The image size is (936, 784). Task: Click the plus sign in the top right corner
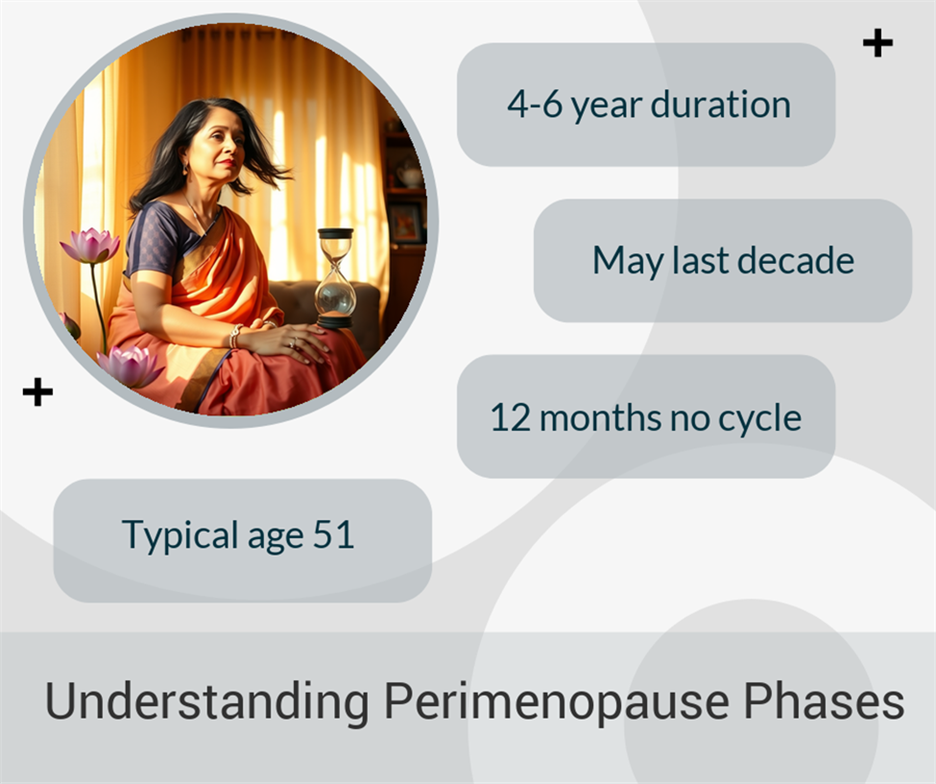point(878,43)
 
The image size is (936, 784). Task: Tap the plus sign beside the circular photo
point(38,392)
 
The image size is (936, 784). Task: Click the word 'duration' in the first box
point(721,104)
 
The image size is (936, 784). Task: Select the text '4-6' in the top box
point(535,104)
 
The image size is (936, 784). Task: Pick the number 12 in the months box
point(510,417)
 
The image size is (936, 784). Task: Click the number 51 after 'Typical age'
point(334,534)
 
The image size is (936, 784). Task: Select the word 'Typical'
point(180,536)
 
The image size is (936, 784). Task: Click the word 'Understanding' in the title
point(207,701)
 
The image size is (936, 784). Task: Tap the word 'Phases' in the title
point(824,700)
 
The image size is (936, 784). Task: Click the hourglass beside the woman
point(335,278)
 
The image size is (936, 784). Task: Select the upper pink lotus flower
point(90,245)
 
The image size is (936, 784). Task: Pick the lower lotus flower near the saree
point(130,365)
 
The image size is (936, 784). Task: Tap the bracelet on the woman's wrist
point(235,337)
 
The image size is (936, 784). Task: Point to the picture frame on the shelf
point(406,222)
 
